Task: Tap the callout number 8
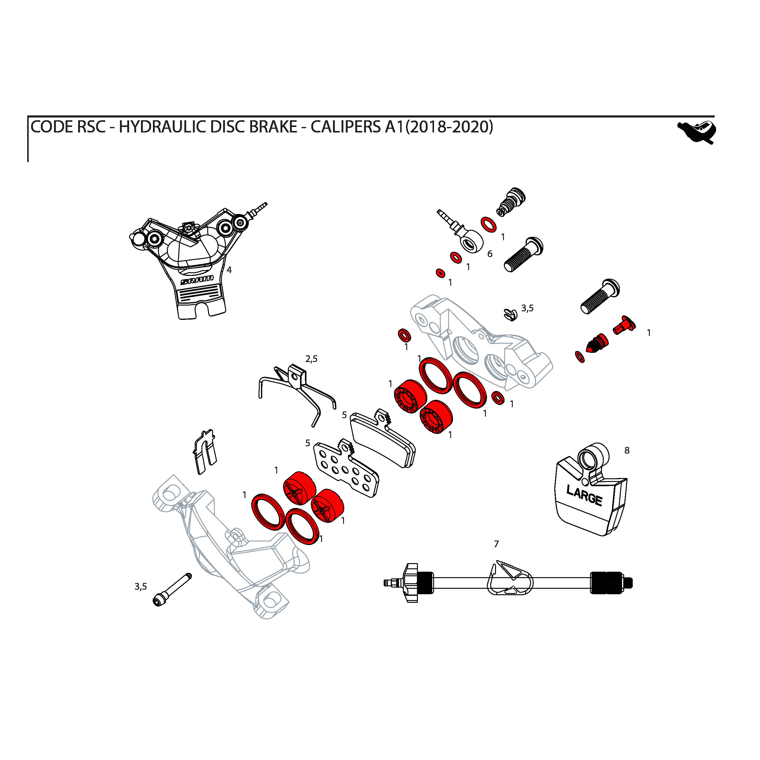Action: (627, 451)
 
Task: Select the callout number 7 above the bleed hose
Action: (496, 544)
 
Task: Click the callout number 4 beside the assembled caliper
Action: (229, 270)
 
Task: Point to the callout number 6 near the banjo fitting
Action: (490, 254)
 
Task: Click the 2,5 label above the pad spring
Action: (311, 359)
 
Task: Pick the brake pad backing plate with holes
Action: (346, 468)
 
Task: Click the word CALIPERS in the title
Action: (346, 127)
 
